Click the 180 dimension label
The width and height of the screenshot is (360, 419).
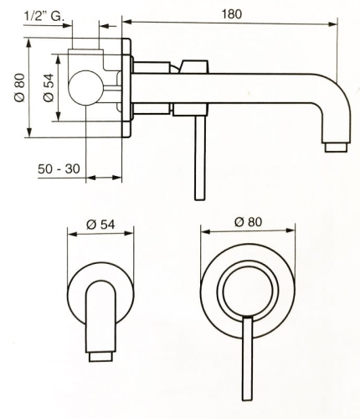coord(231,14)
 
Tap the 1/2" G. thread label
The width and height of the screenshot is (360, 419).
coord(44,16)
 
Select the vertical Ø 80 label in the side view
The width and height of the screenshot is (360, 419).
coord(20,88)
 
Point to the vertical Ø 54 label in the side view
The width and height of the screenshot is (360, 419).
coord(48,88)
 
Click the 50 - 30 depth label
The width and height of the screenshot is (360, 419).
coord(59,168)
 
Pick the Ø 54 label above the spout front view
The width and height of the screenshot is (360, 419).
coord(100,225)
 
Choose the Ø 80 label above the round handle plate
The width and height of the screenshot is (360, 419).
coord(248,222)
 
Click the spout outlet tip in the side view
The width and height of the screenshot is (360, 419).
coord(337,147)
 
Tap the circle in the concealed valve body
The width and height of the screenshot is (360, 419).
coord(85,88)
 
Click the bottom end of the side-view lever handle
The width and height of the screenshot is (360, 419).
coord(200,199)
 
